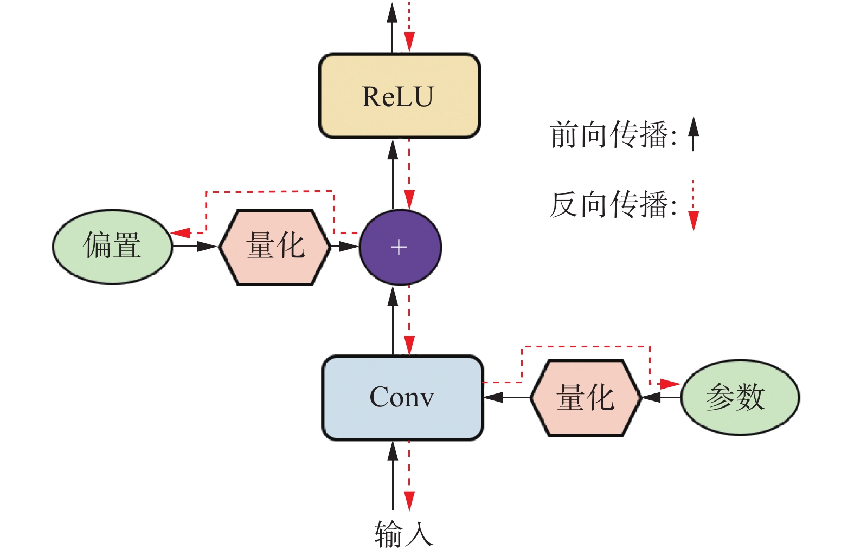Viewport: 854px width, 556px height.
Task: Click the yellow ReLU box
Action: [x=399, y=96]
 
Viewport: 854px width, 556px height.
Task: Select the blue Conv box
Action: [x=402, y=397]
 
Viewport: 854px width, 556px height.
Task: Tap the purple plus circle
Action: [x=400, y=247]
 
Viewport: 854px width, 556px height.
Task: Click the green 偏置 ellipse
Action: [x=112, y=247]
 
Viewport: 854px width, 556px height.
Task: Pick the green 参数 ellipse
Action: [x=740, y=397]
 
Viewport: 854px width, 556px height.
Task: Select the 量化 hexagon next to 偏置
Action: [x=275, y=247]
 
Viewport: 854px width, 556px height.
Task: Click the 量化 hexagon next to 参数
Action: [x=586, y=397]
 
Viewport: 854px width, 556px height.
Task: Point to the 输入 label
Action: [x=403, y=534]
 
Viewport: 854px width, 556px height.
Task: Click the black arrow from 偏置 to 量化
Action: [x=195, y=247]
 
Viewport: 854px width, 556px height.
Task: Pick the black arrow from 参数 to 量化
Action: [x=662, y=397]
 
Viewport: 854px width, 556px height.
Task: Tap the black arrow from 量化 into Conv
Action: [x=506, y=397]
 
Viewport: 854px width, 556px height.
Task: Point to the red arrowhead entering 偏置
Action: [x=181, y=233]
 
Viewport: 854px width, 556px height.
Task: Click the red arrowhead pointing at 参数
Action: [x=670, y=384]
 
